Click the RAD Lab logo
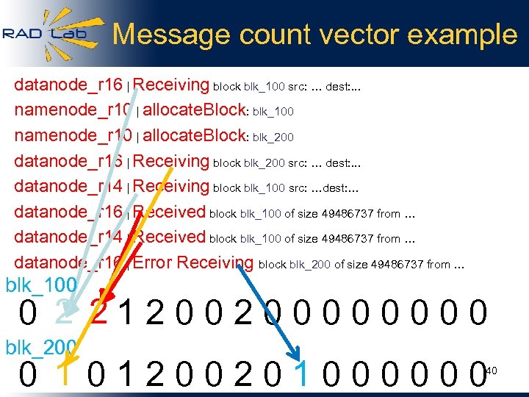coord(46,32)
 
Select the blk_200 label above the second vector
coord(41,346)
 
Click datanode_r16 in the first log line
coord(69,86)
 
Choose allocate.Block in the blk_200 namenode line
coord(194,136)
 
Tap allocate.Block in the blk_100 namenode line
coord(194,111)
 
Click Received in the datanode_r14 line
coord(170,237)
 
